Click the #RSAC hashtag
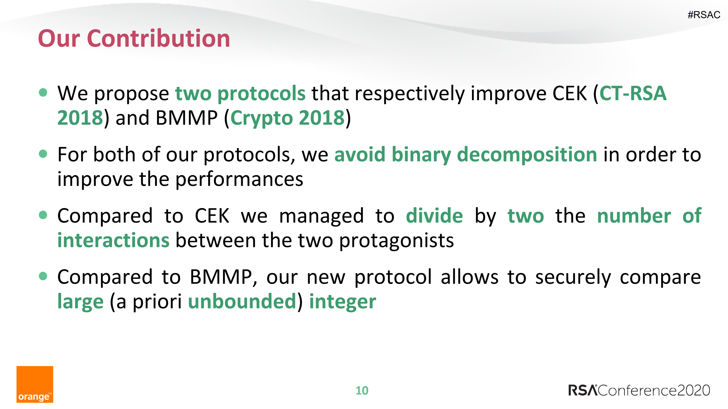click(x=704, y=15)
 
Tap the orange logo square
click(x=35, y=384)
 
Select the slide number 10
click(x=362, y=391)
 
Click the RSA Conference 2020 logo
click(x=639, y=390)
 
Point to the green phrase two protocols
click(x=240, y=93)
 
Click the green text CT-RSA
click(x=633, y=93)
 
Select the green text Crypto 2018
click(x=287, y=118)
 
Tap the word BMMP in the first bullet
click(x=187, y=118)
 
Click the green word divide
click(x=434, y=216)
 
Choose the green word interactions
click(x=113, y=240)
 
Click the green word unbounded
click(x=242, y=302)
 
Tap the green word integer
click(x=343, y=302)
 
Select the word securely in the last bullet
click(x=573, y=277)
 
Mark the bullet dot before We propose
click(x=43, y=92)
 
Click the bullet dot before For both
click(x=43, y=154)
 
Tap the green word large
click(x=81, y=302)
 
